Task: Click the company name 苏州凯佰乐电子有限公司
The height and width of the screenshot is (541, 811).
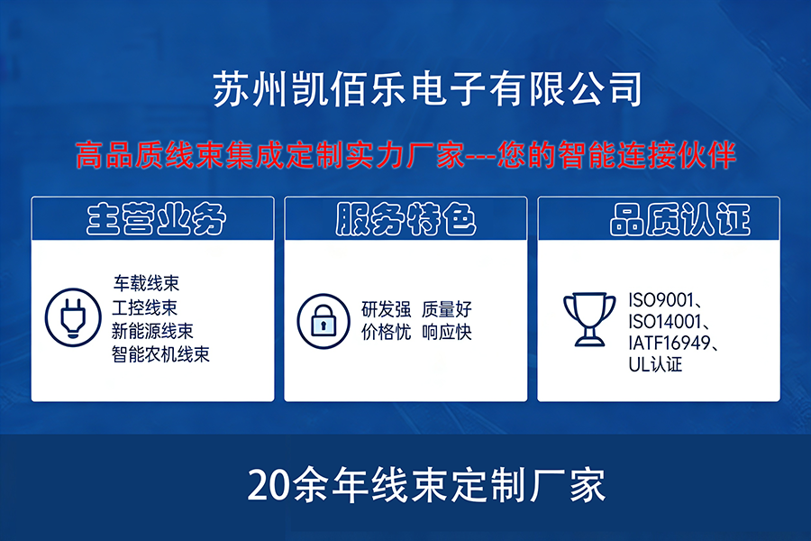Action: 427,89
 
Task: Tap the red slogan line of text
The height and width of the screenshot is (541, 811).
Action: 406,155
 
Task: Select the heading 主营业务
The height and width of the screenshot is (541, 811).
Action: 156,219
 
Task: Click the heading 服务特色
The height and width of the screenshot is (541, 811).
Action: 406,219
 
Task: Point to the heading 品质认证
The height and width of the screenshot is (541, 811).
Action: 680,219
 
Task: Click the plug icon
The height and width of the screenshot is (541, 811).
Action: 73,317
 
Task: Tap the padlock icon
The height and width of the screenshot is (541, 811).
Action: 323,321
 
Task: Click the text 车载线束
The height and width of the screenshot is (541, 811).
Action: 146,283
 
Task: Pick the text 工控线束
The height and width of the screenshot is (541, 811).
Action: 145,307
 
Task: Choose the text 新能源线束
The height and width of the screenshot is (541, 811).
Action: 152,331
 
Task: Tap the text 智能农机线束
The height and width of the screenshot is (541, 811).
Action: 161,354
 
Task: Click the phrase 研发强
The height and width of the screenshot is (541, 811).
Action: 386,309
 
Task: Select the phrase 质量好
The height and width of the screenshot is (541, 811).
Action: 447,309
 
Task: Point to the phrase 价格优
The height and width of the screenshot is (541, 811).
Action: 386,332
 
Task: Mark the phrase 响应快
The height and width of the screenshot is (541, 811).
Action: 447,332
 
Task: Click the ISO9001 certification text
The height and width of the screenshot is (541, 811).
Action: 661,299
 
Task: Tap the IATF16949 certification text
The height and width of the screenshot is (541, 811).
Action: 670,343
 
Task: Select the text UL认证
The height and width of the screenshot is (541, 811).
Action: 655,364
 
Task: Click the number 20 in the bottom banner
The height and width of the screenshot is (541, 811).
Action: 269,485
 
